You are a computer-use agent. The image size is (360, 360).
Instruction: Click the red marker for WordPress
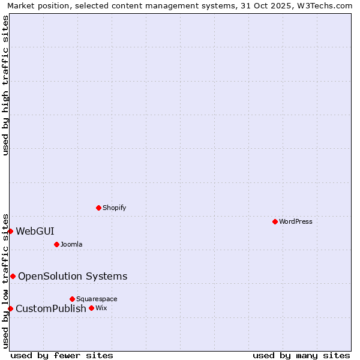[x=275, y=221]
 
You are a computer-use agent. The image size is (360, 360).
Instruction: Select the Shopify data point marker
[x=98, y=208]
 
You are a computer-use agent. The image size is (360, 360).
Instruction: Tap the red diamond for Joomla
[x=56, y=244]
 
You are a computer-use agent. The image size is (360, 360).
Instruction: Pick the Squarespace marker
[x=72, y=299]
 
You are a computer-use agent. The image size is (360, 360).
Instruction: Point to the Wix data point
[x=91, y=308]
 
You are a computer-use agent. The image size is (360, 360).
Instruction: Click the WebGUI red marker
[x=10, y=231]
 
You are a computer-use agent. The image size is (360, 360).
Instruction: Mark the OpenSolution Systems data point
[x=13, y=276]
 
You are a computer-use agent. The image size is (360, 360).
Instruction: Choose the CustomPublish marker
[x=10, y=308]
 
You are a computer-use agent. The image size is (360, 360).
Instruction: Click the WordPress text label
[x=296, y=221]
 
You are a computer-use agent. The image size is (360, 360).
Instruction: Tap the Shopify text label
[x=115, y=208]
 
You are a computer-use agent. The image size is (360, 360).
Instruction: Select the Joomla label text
[x=71, y=244]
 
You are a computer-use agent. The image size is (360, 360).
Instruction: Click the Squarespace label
[x=97, y=299]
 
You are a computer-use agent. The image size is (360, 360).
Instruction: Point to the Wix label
[x=101, y=308]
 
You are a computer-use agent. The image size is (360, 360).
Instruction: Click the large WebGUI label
[x=35, y=231]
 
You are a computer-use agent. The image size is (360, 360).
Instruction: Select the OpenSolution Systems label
[x=73, y=276]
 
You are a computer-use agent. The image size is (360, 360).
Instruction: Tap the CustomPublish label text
[x=51, y=308]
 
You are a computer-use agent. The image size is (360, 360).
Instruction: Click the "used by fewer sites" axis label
[x=62, y=355]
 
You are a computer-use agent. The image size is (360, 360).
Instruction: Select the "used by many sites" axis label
[x=301, y=355]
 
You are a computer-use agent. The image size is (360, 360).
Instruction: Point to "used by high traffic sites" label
[x=6, y=85]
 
